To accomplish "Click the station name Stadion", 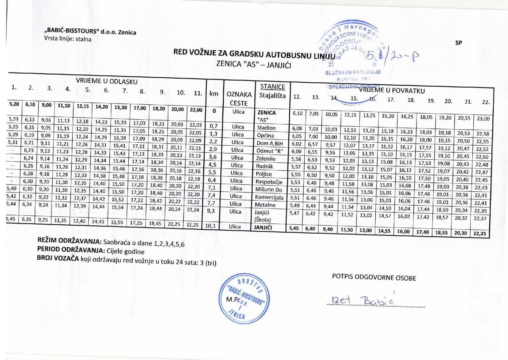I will [266, 128].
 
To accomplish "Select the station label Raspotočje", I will [268, 182].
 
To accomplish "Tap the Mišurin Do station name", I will [268, 190].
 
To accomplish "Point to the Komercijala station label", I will [269, 197].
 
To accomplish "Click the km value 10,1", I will [210, 226].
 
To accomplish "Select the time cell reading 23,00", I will [483, 119].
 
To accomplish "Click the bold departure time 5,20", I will [14, 104].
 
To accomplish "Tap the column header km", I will [213, 94].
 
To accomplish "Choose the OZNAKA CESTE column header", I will [239, 99].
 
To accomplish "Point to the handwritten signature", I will [363, 301].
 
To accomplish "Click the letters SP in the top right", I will [458, 43].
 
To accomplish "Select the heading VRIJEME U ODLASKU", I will [107, 81].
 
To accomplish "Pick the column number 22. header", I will [486, 102].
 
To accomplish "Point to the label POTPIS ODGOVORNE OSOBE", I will [374, 278].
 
